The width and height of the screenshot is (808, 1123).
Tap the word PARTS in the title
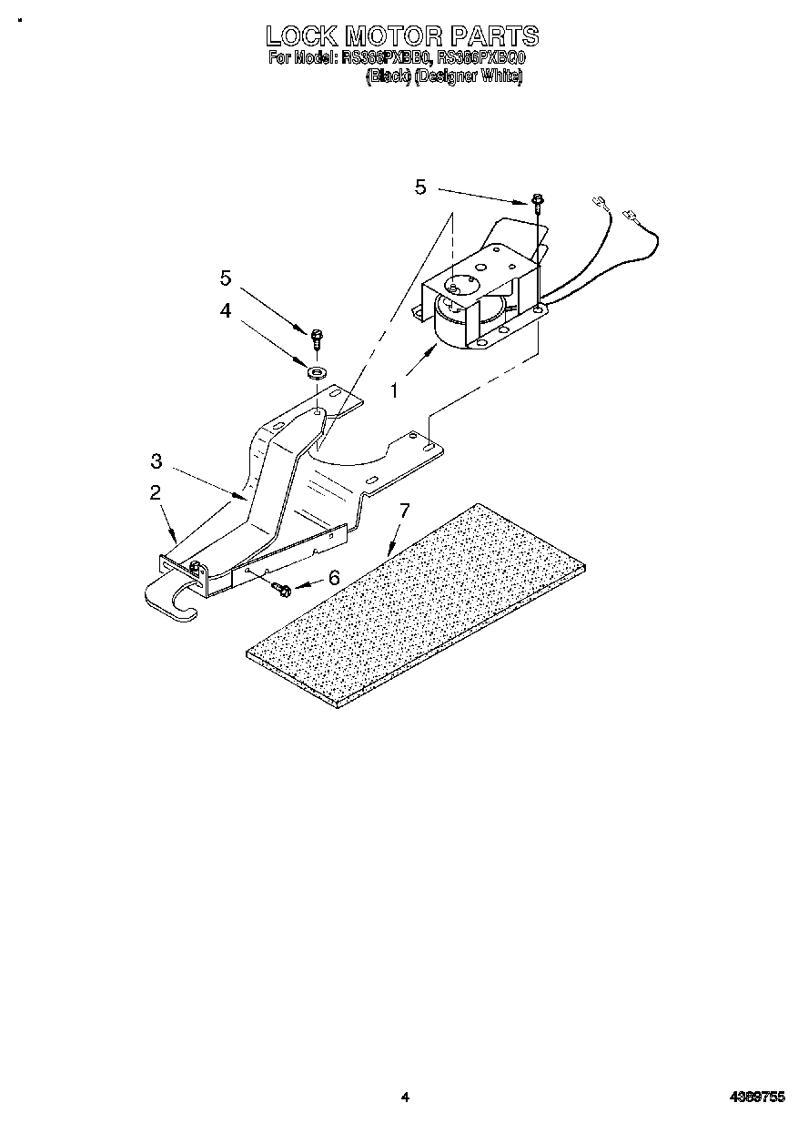click(x=492, y=36)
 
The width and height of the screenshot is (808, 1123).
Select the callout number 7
click(x=405, y=511)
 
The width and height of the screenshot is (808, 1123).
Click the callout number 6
click(x=333, y=577)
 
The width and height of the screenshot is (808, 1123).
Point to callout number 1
click(x=394, y=390)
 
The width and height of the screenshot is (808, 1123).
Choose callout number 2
click(x=156, y=492)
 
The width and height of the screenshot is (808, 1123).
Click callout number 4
click(x=225, y=310)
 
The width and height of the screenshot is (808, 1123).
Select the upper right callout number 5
click(x=419, y=187)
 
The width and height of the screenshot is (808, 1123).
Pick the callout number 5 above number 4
click(x=225, y=277)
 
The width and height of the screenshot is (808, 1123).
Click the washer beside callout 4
click(x=318, y=371)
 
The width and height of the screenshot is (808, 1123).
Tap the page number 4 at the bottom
click(x=405, y=1098)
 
